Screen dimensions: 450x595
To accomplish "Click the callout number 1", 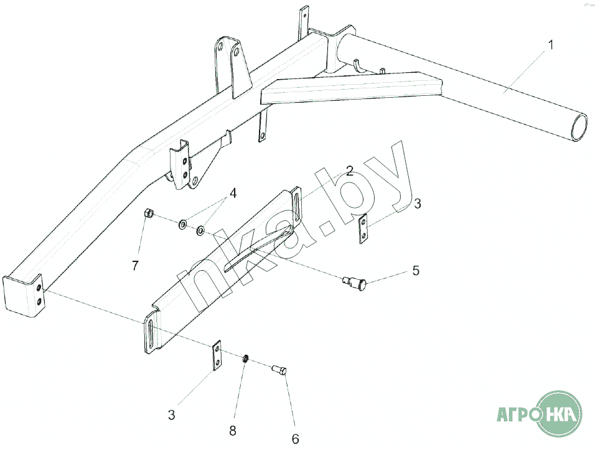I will (550, 45).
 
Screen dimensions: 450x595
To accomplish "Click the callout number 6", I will (294, 439).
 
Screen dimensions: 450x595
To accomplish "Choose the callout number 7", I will (135, 266).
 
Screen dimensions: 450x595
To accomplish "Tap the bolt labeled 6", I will (279, 370).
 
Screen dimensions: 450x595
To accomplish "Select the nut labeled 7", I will (149, 214).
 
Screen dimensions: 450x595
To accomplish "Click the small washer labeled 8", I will (246, 359).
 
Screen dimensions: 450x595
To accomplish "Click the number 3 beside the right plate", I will (418, 203).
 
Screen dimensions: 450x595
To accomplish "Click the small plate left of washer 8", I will (217, 356).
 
